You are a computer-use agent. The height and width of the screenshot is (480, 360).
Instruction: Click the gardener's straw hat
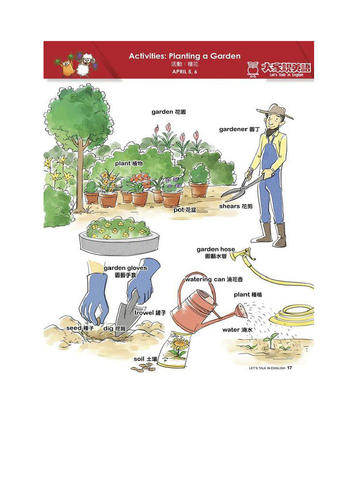275,112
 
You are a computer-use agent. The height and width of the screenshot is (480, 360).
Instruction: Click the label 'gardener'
233,129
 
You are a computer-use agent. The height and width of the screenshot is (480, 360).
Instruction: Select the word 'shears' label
229,206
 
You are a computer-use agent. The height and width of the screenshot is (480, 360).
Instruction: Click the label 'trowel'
144,313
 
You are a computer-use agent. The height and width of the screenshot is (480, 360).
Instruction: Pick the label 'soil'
139,359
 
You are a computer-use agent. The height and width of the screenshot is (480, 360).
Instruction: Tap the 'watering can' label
205,279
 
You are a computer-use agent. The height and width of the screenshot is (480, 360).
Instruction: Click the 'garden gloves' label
125,268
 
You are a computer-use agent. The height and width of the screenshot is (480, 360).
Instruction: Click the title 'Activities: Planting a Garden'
185,56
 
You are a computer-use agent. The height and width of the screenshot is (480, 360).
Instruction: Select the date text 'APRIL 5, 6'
185,72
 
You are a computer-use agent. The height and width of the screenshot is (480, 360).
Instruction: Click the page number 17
290,368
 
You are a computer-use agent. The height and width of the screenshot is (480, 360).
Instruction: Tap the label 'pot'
179,210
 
